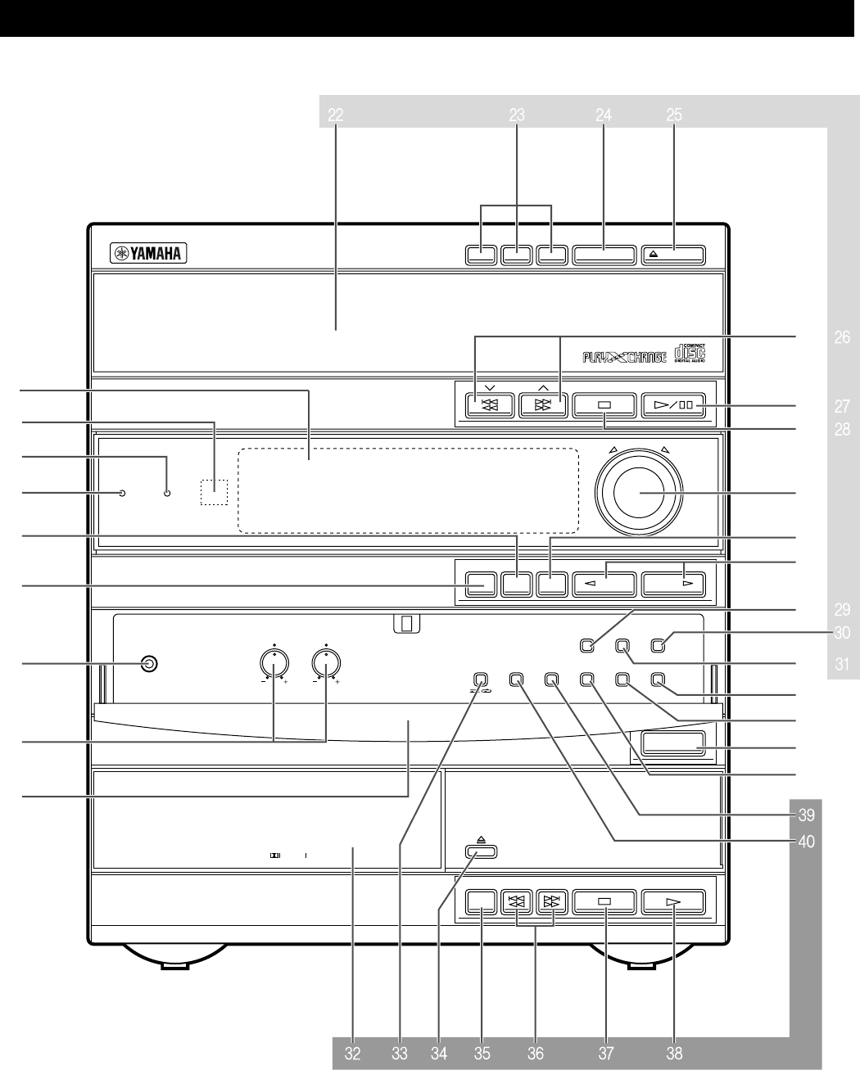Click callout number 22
coord(335,116)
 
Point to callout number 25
coord(674,116)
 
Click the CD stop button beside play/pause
coord(604,405)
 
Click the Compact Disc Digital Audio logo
coord(689,354)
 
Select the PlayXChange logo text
coord(623,356)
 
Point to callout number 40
coord(806,841)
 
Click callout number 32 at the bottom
coord(352,1054)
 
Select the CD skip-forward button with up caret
coord(542,404)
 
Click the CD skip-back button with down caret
coord(488,404)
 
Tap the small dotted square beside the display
coord(214,491)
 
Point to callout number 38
coord(674,1054)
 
